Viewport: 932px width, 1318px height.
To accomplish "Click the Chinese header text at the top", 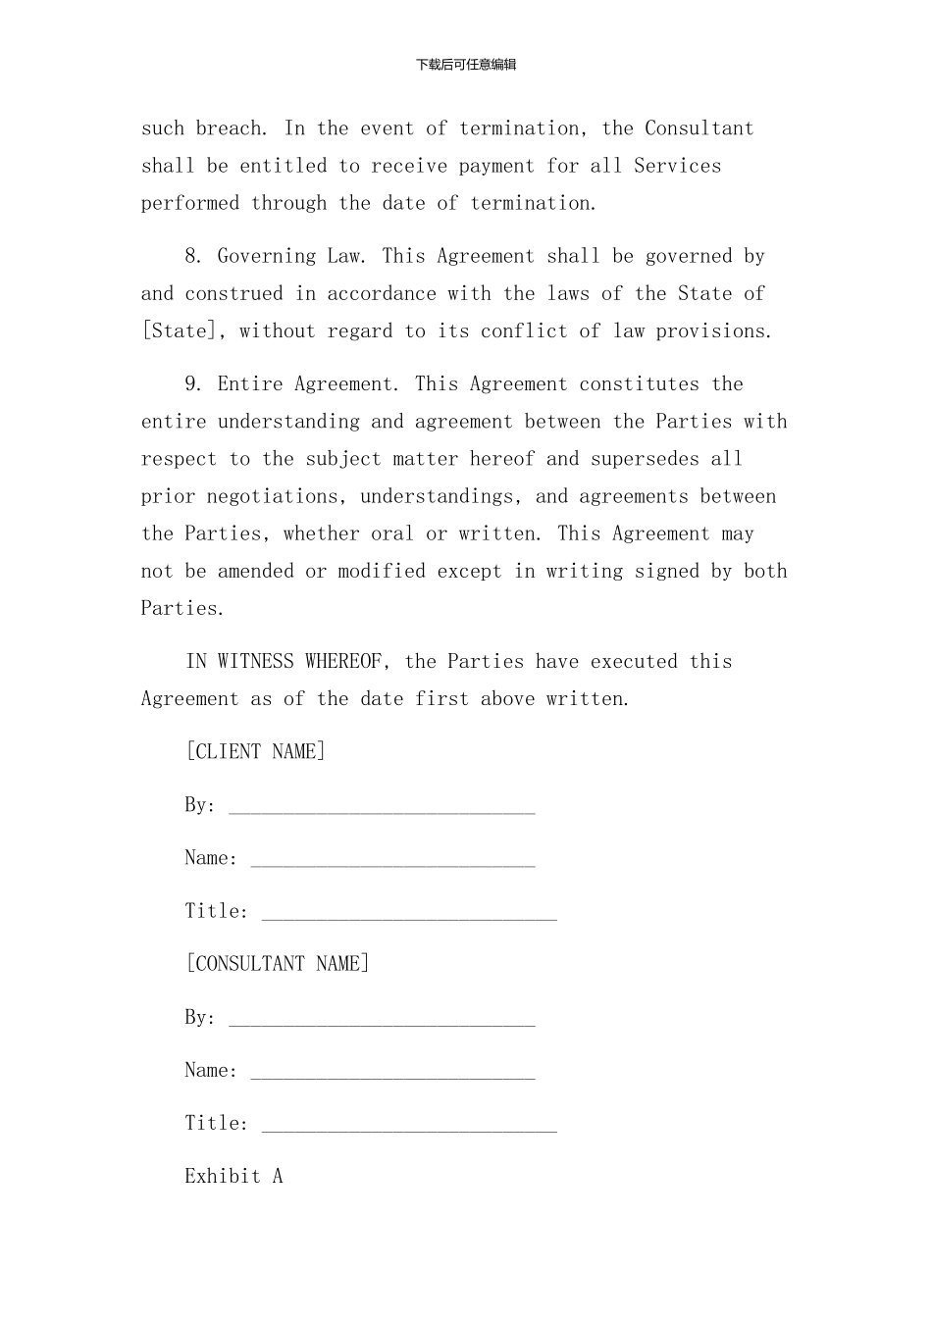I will click(466, 65).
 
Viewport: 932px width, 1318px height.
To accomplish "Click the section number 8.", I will click(194, 257).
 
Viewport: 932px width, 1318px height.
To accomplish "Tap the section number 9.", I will click(194, 384).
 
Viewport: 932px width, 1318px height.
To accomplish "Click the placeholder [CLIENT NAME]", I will click(255, 752).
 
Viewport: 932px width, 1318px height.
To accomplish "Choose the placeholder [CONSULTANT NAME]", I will click(278, 964).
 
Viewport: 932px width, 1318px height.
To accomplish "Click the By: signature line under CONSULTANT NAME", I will click(382, 1021).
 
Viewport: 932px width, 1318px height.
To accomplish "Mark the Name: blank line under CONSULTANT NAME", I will click(392, 1074).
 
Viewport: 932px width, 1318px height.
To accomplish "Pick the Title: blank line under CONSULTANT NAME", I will click(409, 1127).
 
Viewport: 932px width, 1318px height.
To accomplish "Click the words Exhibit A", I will click(233, 1177).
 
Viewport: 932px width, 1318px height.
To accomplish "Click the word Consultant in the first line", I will click(699, 128).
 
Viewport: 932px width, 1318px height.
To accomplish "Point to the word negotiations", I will click(271, 496).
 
